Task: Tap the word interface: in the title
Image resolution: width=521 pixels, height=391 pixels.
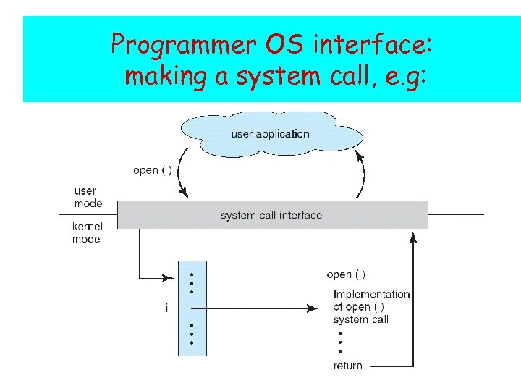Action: click(372, 45)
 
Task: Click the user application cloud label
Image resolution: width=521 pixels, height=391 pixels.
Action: click(270, 133)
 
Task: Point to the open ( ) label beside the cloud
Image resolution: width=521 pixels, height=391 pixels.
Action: click(152, 170)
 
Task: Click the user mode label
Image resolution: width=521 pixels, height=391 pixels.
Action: click(87, 197)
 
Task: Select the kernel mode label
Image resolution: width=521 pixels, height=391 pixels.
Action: click(86, 232)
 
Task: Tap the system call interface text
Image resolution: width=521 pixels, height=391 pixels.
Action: click(271, 215)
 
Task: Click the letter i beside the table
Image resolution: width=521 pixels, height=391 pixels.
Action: click(166, 308)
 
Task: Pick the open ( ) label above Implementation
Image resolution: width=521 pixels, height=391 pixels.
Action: click(346, 274)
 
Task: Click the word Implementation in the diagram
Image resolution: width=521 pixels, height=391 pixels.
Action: click(371, 294)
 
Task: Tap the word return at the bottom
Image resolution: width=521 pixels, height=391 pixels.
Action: click(348, 366)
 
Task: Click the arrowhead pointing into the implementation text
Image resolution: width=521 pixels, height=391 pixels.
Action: click(313, 308)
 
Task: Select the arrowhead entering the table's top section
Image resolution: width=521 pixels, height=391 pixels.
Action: click(170, 277)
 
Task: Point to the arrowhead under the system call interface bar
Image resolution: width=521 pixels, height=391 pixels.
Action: click(413, 235)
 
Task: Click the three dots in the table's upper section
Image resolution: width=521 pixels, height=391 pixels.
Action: click(191, 283)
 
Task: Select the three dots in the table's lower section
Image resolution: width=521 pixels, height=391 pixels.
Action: click(191, 334)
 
